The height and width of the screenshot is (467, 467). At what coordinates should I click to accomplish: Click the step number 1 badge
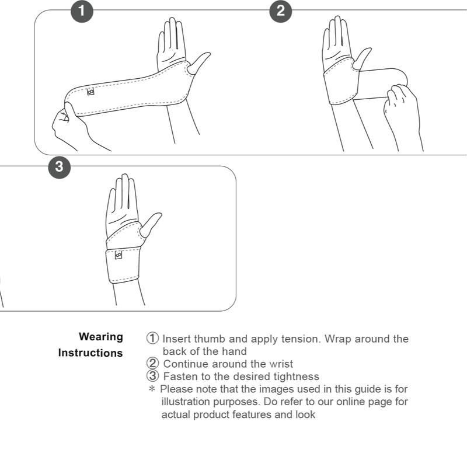coord(82,11)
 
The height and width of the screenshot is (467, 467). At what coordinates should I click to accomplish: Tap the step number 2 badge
coord(281,11)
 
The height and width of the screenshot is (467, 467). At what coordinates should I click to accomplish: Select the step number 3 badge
coord(59,167)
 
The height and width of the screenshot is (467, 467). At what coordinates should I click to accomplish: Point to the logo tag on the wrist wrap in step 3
coord(119,255)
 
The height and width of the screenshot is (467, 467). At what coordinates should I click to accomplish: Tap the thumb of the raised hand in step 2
coord(362,57)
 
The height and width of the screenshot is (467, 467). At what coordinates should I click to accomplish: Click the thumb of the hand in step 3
coord(151,224)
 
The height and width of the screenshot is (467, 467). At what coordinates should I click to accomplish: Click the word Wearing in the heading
coord(101,337)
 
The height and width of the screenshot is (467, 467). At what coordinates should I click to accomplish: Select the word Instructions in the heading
coord(90,353)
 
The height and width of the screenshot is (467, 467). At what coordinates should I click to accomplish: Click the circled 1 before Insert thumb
coord(152,339)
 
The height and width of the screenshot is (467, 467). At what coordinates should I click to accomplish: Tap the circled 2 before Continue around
coord(152,364)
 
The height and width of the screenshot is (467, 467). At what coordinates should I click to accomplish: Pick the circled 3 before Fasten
coord(152,376)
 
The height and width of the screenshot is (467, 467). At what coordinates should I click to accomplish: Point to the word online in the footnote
coord(317,402)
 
